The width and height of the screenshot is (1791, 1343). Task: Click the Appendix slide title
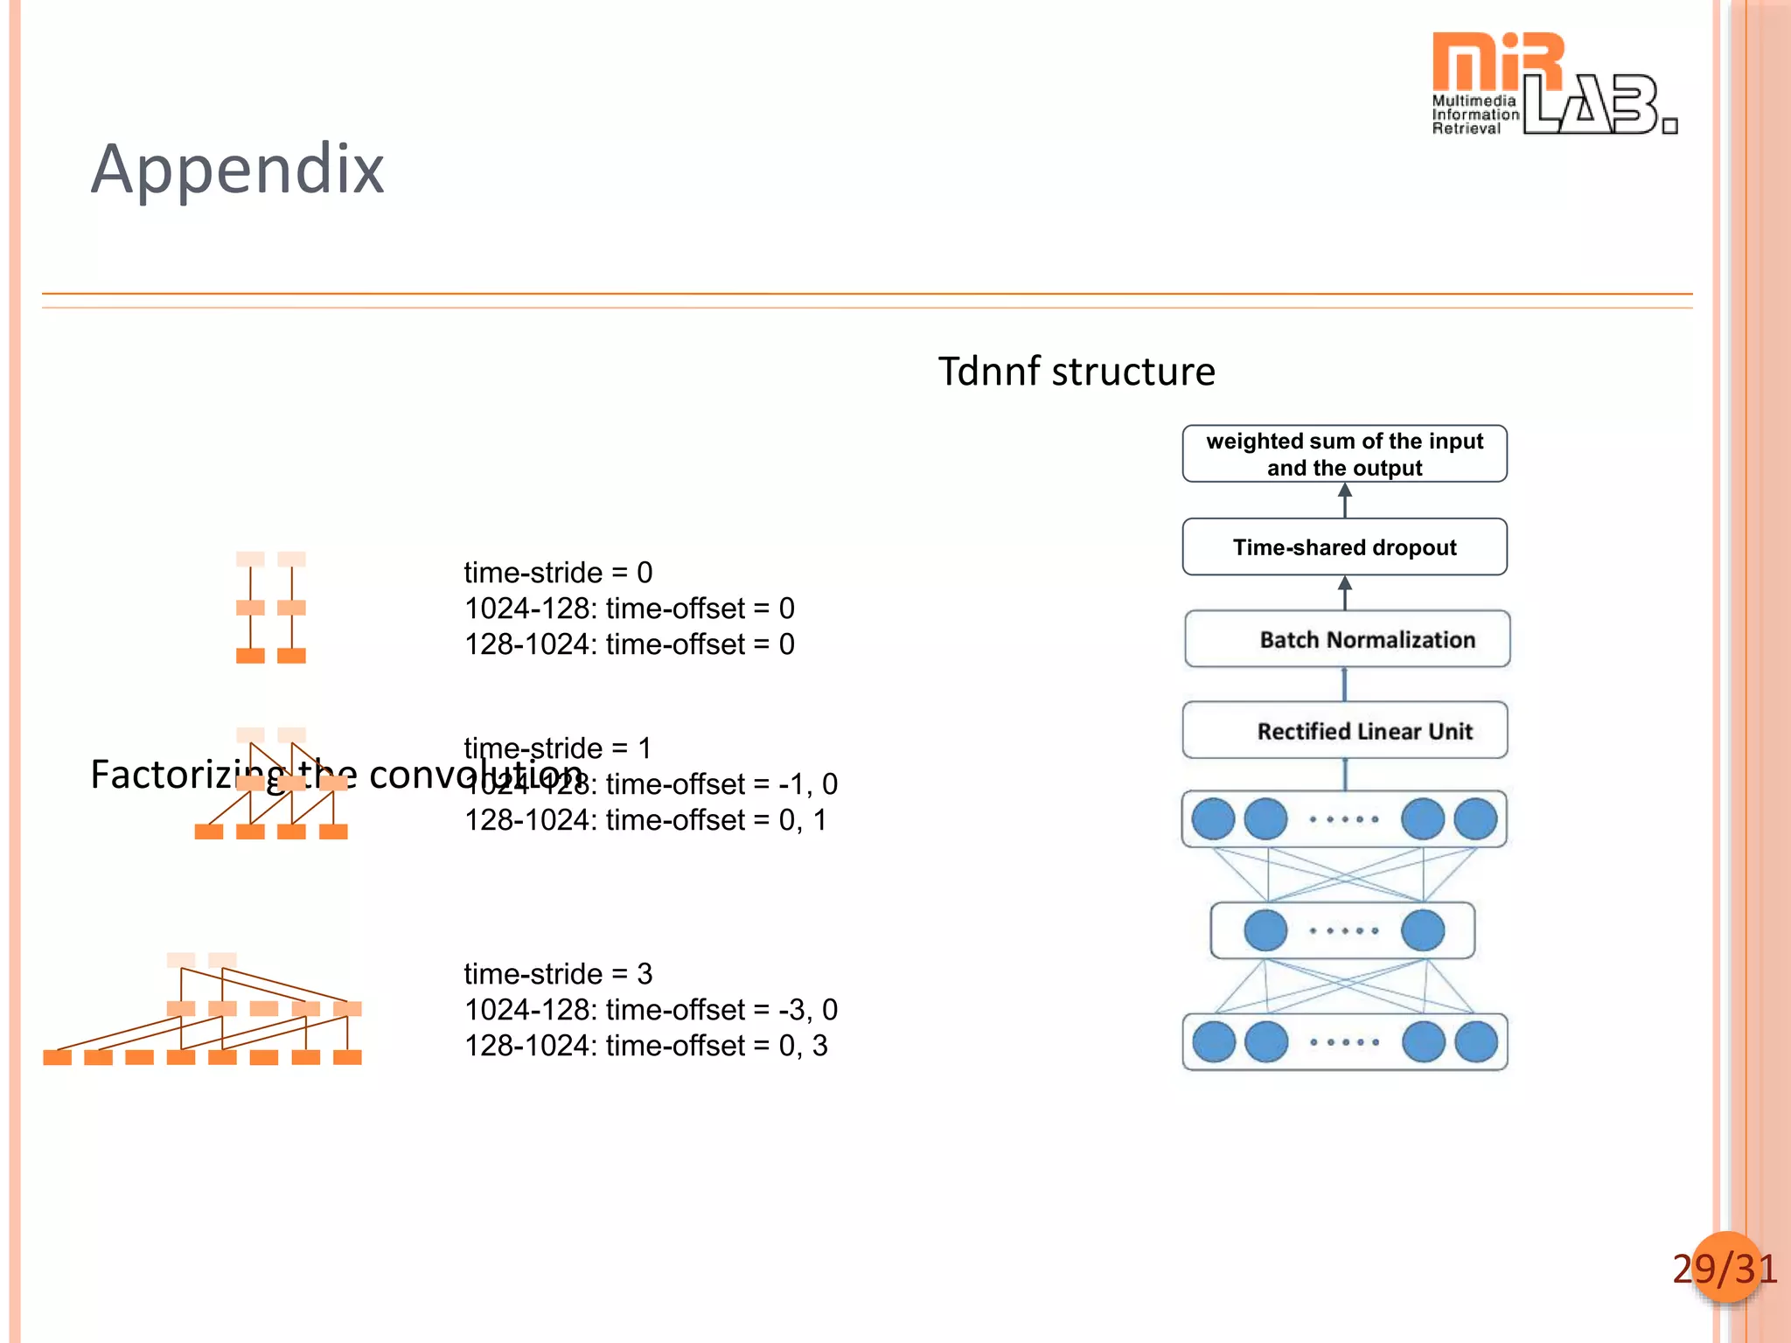tap(237, 169)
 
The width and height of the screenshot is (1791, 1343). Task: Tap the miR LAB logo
tap(1553, 84)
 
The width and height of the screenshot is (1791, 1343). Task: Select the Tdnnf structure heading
tap(1077, 372)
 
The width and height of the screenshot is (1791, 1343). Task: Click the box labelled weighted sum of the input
tap(1344, 454)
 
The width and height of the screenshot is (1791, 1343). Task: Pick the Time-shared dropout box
tap(1344, 547)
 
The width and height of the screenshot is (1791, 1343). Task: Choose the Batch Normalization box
tap(1347, 639)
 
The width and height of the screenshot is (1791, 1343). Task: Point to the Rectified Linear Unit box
tap(1345, 731)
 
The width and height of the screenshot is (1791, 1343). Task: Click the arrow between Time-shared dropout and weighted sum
tap(1345, 501)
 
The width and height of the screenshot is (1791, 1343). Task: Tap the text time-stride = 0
tap(558, 573)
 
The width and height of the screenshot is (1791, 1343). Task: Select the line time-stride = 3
tap(558, 974)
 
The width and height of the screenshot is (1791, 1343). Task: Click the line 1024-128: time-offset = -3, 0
tap(651, 1010)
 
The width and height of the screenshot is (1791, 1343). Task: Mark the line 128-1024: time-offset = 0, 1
tap(645, 820)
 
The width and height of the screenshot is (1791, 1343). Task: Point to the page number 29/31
tap(1725, 1269)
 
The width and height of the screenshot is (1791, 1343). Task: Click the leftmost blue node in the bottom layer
tap(1214, 1042)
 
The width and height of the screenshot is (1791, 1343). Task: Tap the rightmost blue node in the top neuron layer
tap(1475, 819)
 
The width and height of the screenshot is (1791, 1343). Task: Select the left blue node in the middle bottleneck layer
tap(1265, 930)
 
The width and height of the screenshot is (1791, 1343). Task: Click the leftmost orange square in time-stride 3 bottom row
tap(57, 1057)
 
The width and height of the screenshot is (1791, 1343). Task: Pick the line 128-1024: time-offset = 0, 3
tap(645, 1046)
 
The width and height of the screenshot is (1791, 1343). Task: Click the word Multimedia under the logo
tap(1474, 101)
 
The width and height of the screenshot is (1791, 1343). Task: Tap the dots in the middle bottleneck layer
tap(1344, 930)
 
